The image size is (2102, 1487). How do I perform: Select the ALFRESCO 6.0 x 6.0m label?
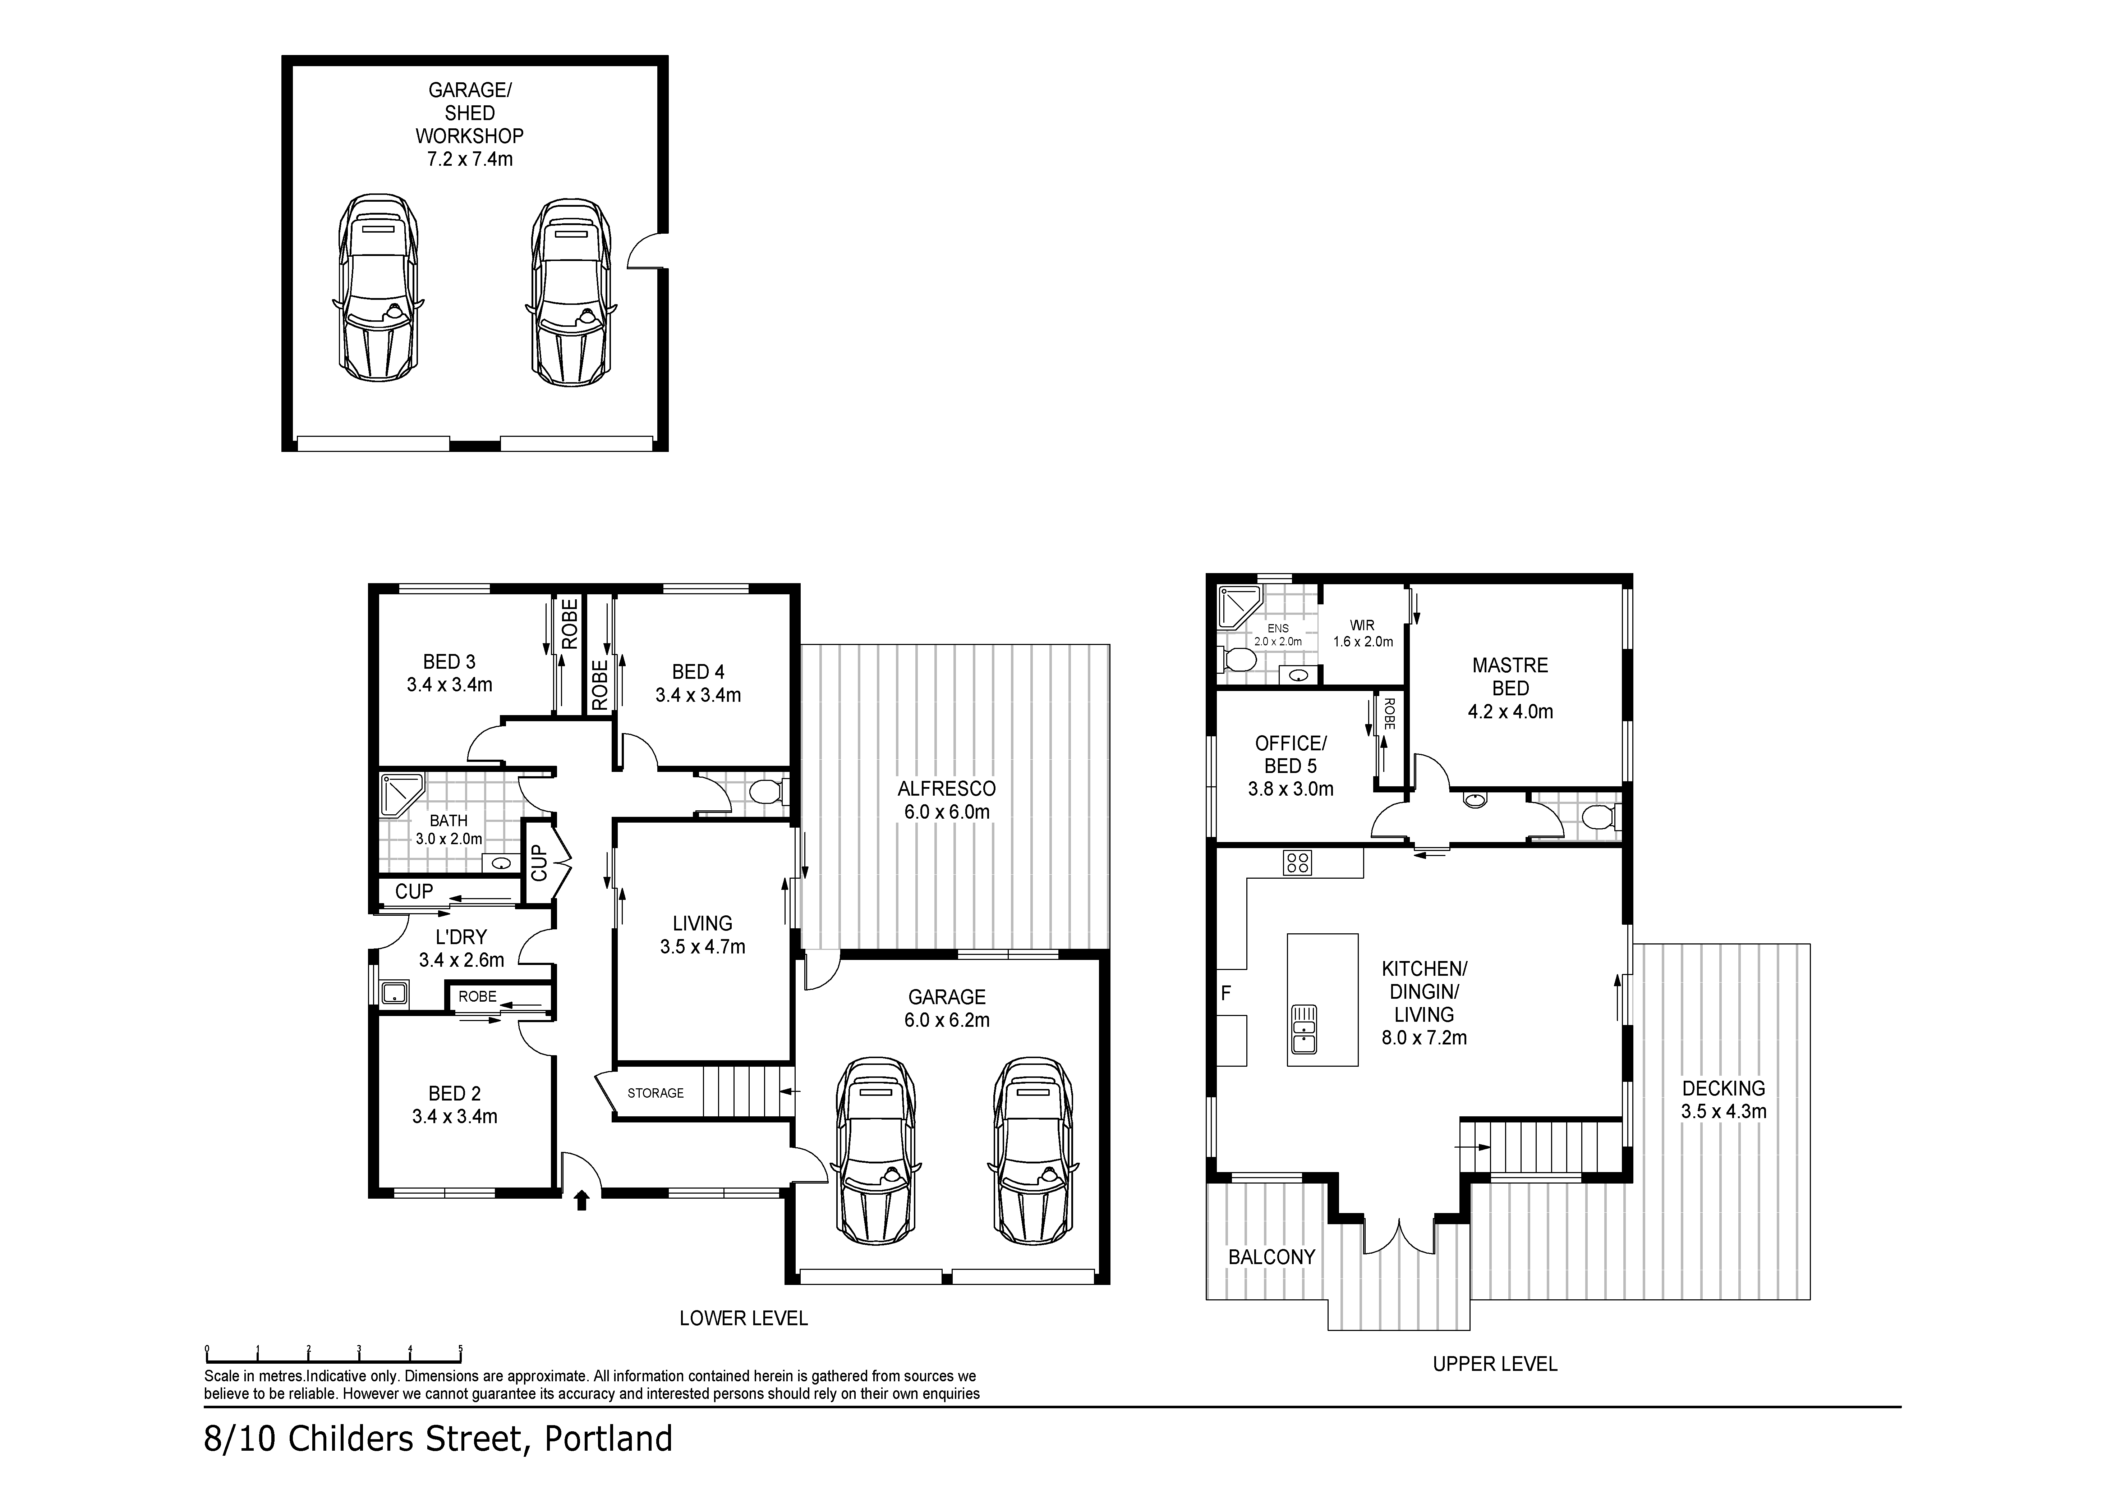(x=947, y=799)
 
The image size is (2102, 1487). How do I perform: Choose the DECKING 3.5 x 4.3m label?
(x=1724, y=1100)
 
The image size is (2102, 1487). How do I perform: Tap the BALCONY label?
(x=1271, y=1257)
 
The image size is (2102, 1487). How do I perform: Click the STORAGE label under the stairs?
(x=656, y=1092)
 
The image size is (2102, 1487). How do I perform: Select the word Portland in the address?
(x=609, y=1438)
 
